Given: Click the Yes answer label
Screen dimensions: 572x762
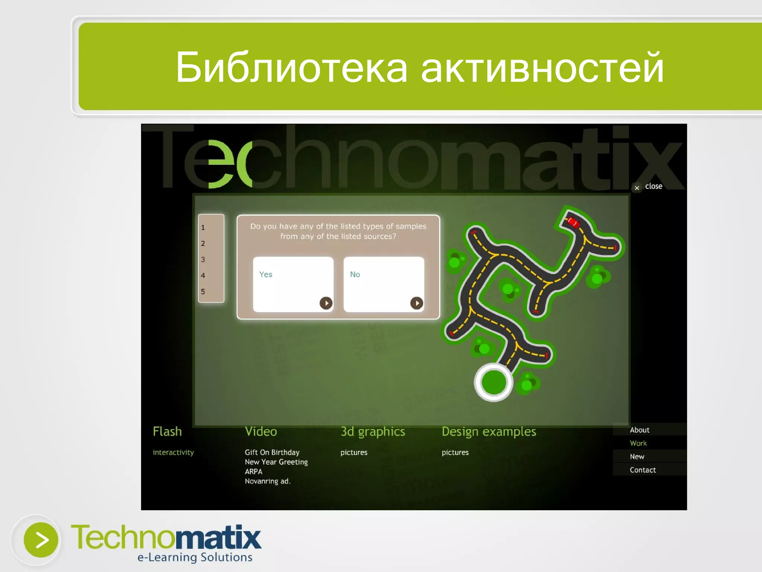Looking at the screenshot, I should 266,274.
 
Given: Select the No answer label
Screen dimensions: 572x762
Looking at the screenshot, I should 355,274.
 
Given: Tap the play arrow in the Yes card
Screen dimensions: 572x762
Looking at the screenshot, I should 326,303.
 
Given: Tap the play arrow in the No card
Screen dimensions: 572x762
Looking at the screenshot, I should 417,303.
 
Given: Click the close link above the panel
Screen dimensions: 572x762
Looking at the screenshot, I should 653,187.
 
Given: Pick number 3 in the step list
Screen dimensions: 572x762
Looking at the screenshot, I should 203,260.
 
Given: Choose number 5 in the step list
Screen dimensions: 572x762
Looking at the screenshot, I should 203,292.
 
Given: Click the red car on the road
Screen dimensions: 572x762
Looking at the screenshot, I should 573,222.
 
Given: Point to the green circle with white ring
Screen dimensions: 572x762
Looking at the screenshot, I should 494,382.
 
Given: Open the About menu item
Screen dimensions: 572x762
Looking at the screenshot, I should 640,430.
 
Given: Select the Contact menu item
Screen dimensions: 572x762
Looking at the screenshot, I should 643,470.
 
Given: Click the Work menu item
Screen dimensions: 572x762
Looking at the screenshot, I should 638,443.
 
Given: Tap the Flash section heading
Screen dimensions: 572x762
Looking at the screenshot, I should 167,432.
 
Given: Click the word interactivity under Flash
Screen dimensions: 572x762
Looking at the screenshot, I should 173,452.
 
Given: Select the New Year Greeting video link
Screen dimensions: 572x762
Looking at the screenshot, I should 276,462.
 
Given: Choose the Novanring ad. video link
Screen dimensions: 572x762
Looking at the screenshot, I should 268,481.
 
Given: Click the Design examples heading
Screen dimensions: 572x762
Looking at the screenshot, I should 489,432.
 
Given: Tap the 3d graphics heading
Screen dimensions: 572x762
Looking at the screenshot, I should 373,432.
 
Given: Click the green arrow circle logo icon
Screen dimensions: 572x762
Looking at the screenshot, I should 41,540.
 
